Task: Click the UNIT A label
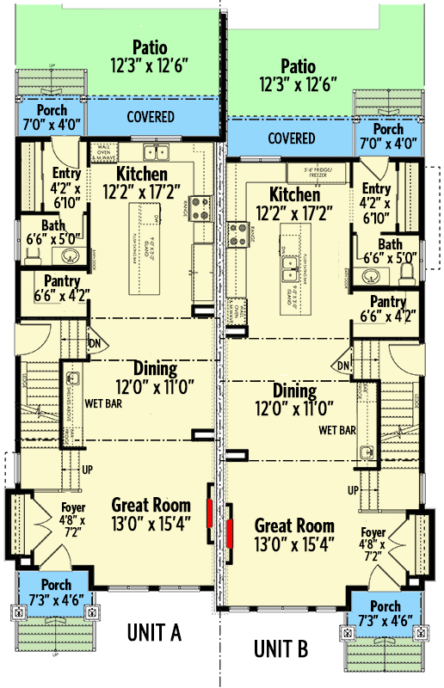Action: click(x=154, y=633)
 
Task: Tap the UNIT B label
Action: click(x=281, y=648)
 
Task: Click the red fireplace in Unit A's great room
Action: click(x=210, y=514)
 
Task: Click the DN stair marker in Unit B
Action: click(x=344, y=367)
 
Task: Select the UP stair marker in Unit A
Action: click(x=87, y=470)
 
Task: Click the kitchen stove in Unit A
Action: click(x=200, y=206)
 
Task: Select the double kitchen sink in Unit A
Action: click(x=156, y=153)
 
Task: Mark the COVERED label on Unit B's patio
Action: click(x=291, y=138)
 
